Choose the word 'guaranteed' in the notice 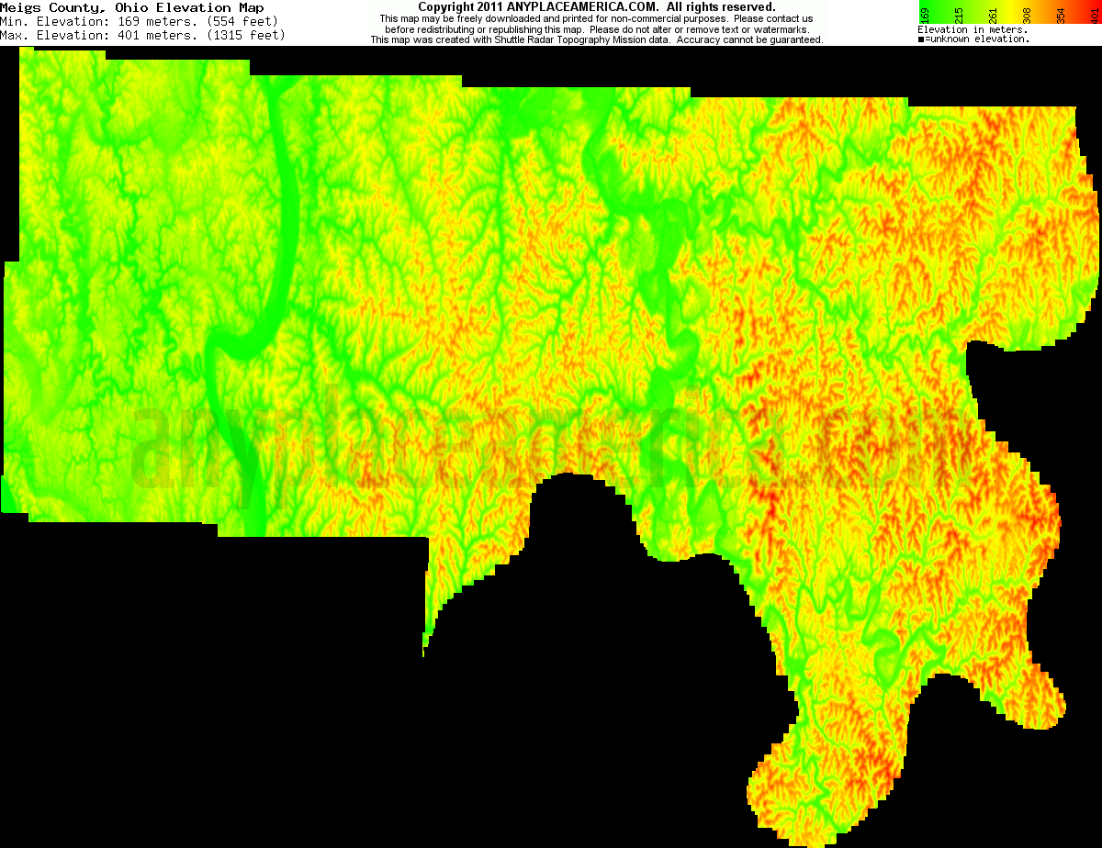click(x=795, y=40)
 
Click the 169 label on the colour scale click(x=925, y=14)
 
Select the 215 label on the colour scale click(x=959, y=14)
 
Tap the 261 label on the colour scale click(x=993, y=14)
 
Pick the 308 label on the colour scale click(x=1027, y=14)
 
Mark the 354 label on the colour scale click(x=1061, y=14)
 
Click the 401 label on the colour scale click(x=1094, y=14)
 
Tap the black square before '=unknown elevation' click(x=921, y=39)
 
